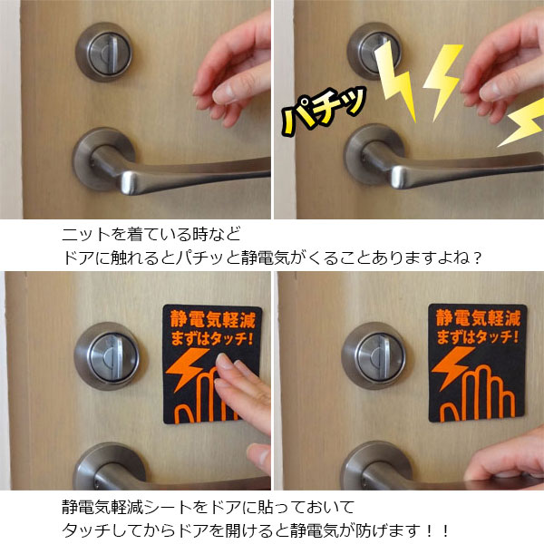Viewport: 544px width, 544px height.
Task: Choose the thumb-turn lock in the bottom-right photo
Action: pyautogui.click(x=374, y=353)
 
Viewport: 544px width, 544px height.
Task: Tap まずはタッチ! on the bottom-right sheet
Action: pyautogui.click(x=478, y=338)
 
